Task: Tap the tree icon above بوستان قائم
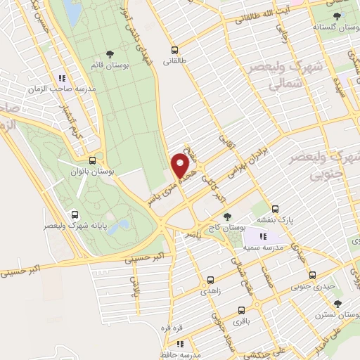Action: (x=109, y=53)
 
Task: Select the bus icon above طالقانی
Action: (x=175, y=50)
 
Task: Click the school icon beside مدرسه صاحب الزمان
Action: (x=62, y=78)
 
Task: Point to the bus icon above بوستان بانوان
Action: (x=93, y=160)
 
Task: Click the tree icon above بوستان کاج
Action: (x=226, y=217)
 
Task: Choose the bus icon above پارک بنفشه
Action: (x=275, y=209)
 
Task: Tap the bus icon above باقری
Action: (x=243, y=309)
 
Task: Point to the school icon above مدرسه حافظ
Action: (x=180, y=344)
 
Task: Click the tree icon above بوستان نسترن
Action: (x=337, y=304)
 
